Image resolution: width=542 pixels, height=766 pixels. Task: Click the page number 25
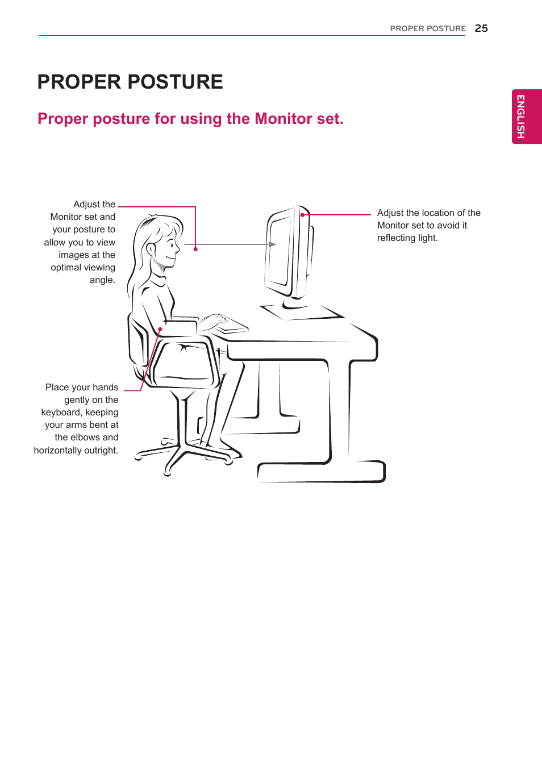(481, 28)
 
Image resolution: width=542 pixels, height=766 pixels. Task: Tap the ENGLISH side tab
(526, 116)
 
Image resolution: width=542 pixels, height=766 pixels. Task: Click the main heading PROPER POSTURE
(130, 82)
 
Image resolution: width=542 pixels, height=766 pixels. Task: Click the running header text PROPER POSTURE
(427, 28)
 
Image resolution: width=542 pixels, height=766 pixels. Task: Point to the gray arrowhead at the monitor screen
(272, 244)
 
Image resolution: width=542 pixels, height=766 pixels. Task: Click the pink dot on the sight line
(195, 249)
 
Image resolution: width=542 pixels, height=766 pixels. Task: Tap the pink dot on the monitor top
(302, 215)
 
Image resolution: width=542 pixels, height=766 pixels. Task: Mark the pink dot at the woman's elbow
(160, 329)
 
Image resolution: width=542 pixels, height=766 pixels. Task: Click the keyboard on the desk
(230, 324)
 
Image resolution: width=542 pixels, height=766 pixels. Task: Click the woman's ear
(151, 249)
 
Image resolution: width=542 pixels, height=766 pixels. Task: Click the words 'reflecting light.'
(407, 238)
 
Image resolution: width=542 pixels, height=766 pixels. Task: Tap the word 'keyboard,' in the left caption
(61, 413)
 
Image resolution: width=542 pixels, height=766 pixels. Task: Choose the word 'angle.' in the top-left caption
(102, 280)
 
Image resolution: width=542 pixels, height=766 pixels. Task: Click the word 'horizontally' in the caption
(58, 451)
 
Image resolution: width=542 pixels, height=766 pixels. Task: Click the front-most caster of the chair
(168, 472)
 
